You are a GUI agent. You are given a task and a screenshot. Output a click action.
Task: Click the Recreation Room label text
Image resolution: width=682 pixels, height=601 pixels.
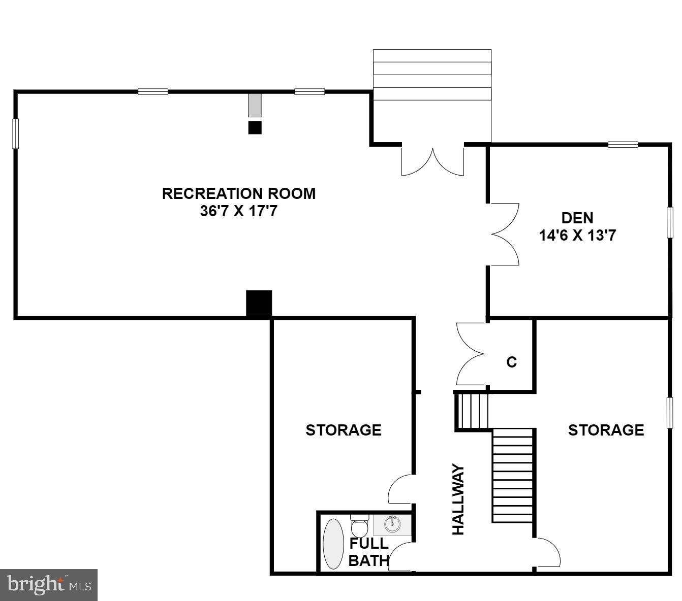(x=238, y=193)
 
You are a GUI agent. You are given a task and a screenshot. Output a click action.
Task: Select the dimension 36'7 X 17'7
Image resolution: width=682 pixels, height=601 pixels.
(x=238, y=211)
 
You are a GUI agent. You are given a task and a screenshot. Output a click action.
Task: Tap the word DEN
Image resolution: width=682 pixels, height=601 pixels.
(x=577, y=218)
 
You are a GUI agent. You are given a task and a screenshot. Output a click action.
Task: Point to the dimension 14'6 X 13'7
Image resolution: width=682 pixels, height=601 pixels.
(x=577, y=235)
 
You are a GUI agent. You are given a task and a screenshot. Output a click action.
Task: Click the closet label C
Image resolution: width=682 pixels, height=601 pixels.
(x=511, y=362)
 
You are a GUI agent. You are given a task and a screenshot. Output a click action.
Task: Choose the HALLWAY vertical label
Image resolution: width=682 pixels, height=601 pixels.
(x=458, y=499)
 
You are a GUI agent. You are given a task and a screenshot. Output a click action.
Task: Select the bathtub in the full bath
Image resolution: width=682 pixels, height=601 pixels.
(x=333, y=544)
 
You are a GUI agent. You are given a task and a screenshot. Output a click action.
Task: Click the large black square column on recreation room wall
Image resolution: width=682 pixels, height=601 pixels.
(x=259, y=303)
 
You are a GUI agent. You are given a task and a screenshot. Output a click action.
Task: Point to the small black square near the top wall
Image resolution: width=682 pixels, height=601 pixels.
(x=255, y=127)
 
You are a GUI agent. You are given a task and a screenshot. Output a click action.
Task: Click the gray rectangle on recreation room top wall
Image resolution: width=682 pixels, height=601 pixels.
(x=254, y=105)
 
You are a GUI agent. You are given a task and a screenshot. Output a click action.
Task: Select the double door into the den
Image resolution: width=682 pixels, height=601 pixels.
(x=504, y=234)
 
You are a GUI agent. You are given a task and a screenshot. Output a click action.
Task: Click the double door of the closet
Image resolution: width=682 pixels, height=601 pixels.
(x=471, y=354)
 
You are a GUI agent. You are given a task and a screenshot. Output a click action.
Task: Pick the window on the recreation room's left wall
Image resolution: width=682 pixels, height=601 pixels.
(x=16, y=133)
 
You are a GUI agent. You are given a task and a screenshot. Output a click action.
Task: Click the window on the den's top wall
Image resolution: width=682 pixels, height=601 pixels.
(x=623, y=145)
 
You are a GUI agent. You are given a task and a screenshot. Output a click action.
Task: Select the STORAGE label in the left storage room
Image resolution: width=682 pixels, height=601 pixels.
(x=343, y=430)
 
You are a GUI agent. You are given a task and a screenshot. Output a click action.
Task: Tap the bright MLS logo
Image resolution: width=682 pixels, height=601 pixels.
(x=49, y=585)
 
